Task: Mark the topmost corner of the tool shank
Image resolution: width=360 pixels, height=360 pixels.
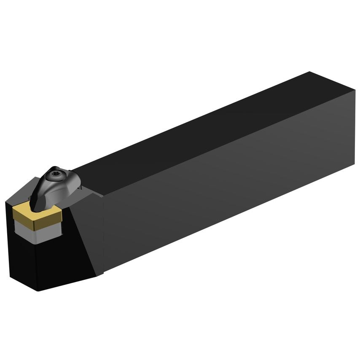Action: tap(309, 72)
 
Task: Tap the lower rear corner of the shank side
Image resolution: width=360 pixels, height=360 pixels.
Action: tap(355, 164)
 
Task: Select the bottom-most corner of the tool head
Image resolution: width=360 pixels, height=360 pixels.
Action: tap(38, 291)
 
